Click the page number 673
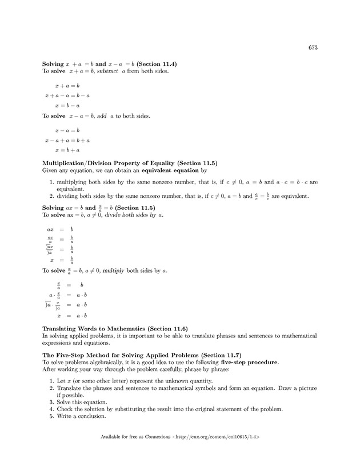312,47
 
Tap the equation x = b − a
67,105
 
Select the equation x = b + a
67,150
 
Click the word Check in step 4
66,409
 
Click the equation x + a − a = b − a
67,95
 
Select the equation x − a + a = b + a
67,140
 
